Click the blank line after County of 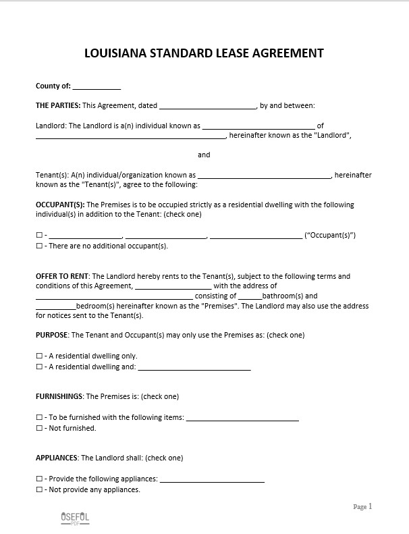[x=97, y=87]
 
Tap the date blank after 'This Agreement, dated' [x=208, y=106]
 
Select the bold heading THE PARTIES [x=58, y=105]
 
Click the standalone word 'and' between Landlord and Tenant [x=204, y=155]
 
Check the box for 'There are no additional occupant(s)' [x=38, y=246]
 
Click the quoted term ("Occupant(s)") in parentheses [x=330, y=235]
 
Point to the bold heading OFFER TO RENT [x=62, y=276]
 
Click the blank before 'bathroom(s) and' [x=250, y=296]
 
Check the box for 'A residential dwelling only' [x=38, y=356]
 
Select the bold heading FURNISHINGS [x=59, y=396]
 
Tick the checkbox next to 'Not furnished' [x=38, y=428]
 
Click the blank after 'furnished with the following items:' [x=242, y=419]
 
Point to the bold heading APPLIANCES [x=57, y=458]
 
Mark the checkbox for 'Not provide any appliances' [x=38, y=489]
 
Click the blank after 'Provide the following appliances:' [x=212, y=480]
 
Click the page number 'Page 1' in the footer [x=362, y=506]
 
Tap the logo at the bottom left [x=74, y=518]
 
